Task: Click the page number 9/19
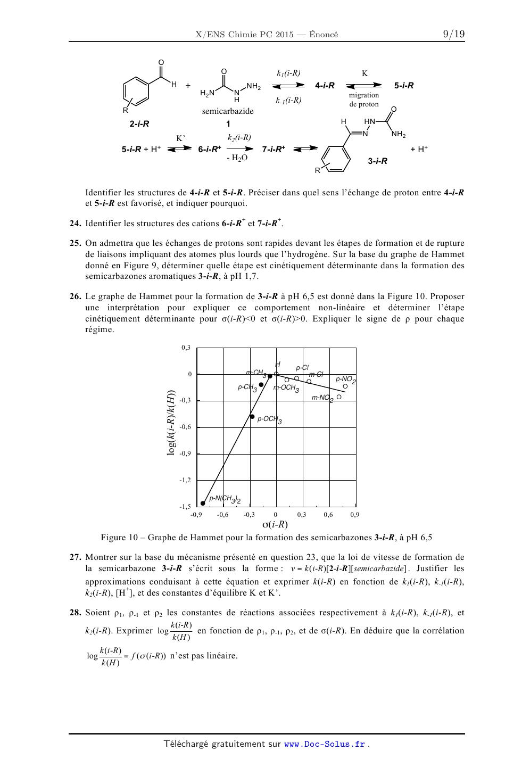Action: pos(453,35)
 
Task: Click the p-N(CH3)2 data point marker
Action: pos(203,503)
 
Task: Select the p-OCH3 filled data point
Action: pos(252,416)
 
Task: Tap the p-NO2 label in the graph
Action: pos(345,380)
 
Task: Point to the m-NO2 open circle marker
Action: pos(339,397)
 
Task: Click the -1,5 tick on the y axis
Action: pos(185,507)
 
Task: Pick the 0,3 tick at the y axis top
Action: pos(186,348)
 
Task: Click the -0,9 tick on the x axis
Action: pos(196,515)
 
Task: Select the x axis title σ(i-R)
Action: pos(275,524)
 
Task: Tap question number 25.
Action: pos(75,243)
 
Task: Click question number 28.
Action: pos(75,613)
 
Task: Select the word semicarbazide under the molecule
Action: pos(228,111)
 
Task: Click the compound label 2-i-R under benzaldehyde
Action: pos(139,124)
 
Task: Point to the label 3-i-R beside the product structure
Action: pos(377,161)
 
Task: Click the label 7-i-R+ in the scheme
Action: pos(274,150)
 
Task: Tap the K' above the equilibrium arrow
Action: pos(180,138)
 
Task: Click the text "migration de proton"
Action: pos(364,100)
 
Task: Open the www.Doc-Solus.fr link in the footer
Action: pos(325,744)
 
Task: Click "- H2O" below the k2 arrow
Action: pos(237,158)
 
